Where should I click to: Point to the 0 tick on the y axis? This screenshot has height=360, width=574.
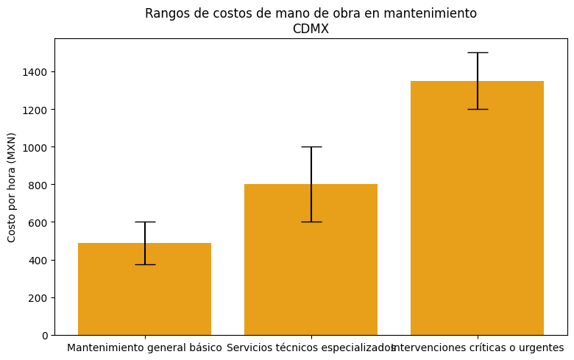tap(45, 335)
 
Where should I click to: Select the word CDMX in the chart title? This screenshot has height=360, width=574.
tap(311, 29)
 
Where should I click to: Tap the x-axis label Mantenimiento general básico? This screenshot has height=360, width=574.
tap(144, 347)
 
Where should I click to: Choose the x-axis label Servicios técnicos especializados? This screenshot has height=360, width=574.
tap(311, 347)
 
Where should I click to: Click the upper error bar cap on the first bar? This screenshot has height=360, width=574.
tap(144, 222)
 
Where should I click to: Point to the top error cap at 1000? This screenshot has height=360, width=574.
tap(311, 147)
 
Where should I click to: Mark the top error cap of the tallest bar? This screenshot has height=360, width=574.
tap(477, 52)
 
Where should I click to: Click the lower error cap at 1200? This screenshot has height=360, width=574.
tap(477, 109)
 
